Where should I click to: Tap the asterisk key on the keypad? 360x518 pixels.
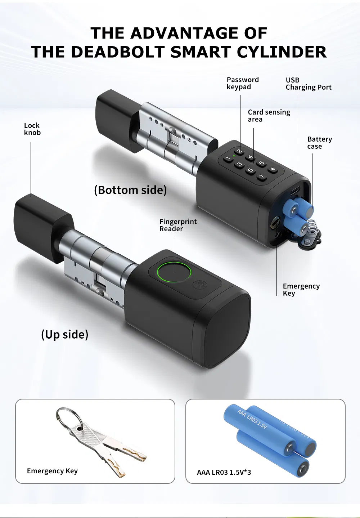click(273, 169)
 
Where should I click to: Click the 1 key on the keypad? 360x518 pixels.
click(228, 158)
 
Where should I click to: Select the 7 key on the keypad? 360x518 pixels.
click(262, 177)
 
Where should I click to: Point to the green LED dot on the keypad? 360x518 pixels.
click(234, 156)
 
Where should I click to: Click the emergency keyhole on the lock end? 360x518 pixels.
click(275, 224)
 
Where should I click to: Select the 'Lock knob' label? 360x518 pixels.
click(32, 129)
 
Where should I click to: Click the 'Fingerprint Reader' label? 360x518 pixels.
click(178, 225)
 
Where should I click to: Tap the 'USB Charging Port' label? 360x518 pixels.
click(308, 84)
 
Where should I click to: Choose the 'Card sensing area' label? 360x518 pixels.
click(269, 116)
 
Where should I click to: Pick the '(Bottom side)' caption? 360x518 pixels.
click(130, 190)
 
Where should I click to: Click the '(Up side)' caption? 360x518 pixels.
click(65, 334)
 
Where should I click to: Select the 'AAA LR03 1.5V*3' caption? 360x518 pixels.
click(224, 472)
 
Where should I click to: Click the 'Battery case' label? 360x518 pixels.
click(319, 143)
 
